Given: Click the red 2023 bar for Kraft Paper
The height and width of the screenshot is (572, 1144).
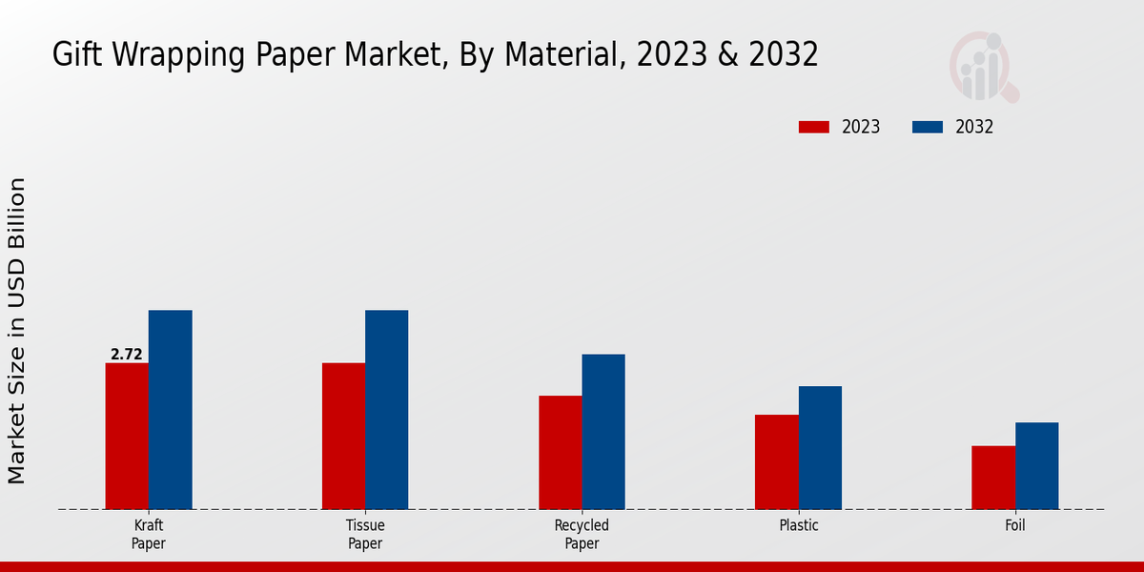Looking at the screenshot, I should click(x=127, y=436).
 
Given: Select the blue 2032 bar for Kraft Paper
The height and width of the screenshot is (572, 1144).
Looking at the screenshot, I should click(x=170, y=410).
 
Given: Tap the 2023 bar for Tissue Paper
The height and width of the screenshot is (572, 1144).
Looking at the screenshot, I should click(x=343, y=436).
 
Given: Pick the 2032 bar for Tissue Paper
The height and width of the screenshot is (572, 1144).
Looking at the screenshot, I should click(x=386, y=410).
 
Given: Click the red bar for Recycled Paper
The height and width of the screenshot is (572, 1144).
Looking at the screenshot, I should click(x=560, y=452).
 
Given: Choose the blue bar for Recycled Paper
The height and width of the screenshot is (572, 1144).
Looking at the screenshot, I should click(x=603, y=432).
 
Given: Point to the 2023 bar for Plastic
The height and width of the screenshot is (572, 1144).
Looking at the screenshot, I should click(x=776, y=461).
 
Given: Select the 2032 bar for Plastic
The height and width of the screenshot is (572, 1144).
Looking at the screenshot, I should click(x=820, y=447).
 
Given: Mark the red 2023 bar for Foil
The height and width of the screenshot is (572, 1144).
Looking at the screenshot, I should click(x=992, y=477).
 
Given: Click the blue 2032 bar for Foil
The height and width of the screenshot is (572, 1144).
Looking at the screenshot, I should click(x=1036, y=465).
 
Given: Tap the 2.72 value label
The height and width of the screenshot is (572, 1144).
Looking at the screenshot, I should click(x=127, y=355).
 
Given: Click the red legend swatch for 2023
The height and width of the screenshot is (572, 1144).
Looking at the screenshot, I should click(x=814, y=127).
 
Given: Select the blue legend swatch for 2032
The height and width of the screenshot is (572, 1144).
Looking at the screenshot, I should click(x=928, y=127).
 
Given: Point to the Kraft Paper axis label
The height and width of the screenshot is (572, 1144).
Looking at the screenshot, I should click(x=149, y=534).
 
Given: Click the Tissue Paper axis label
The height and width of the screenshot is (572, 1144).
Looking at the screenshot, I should click(x=365, y=534).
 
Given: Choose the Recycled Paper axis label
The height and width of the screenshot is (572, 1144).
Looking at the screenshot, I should click(x=582, y=534).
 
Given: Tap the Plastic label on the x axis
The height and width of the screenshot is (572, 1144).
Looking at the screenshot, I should click(x=799, y=525).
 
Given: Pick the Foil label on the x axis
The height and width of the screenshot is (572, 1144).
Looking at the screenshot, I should click(x=1015, y=525).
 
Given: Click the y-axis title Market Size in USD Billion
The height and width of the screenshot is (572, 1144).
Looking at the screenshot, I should click(x=17, y=330).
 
